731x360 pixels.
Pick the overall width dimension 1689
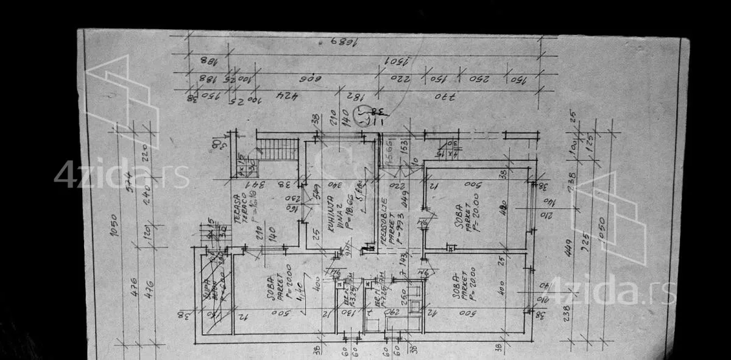coord(342,41)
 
